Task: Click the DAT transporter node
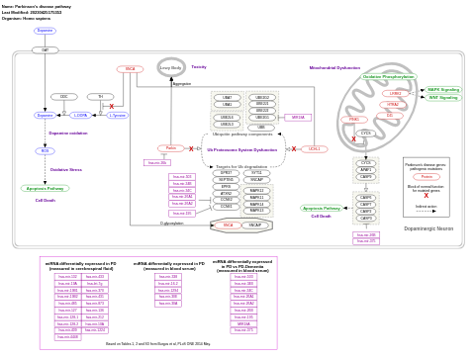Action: tap(45, 49)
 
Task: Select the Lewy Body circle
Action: tap(171, 68)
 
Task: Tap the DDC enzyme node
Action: tap(64, 97)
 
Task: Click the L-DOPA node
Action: tap(81, 116)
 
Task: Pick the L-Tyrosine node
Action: tap(117, 116)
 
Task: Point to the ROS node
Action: tap(45, 151)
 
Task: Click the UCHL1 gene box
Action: tap(315, 149)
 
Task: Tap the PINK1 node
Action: tap(353, 120)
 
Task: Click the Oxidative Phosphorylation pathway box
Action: tap(389, 76)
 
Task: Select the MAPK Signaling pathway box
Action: tap(442, 90)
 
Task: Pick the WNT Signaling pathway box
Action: tap(442, 98)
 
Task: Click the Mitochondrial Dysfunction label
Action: tap(334, 68)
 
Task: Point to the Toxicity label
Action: tap(199, 66)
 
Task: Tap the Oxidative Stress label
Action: tap(66, 169)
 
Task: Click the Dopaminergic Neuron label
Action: tap(428, 228)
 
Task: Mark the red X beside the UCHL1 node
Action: tap(294, 149)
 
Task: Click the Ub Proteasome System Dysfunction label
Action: tap(241, 149)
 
